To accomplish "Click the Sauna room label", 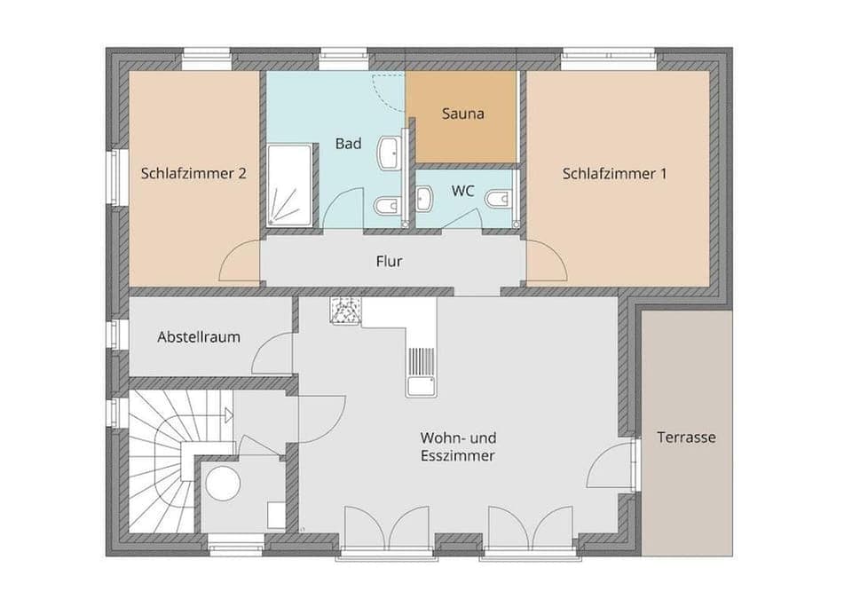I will [462, 114].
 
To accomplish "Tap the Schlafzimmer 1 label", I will [614, 174].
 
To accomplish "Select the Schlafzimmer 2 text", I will [193, 174].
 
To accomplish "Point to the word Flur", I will [389, 261].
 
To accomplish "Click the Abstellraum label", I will [199, 337].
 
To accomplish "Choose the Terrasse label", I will [686, 438].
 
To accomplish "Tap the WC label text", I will [462, 191].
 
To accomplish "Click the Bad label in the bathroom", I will [348, 143].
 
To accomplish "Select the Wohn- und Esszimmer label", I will [457, 446].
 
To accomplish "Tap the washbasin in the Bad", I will [389, 154].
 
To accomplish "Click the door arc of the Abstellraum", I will [270, 355].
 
